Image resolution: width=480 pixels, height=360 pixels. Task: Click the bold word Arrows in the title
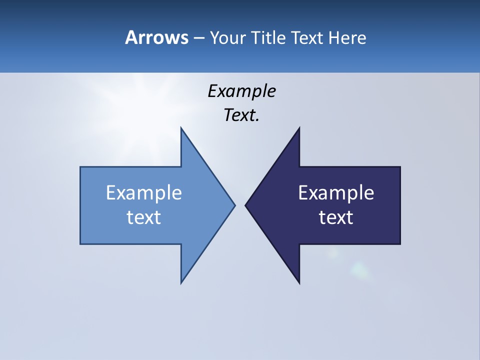pyautogui.click(x=156, y=37)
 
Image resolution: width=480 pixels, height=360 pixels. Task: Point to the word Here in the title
pyautogui.click(x=347, y=38)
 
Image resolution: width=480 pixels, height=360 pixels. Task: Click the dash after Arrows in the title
pyautogui.click(x=198, y=38)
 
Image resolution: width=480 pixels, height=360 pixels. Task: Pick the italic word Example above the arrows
pyautogui.click(x=241, y=91)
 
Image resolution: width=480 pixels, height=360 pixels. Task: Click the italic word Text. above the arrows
pyautogui.click(x=241, y=115)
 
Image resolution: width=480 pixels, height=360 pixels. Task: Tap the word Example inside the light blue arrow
pyautogui.click(x=144, y=193)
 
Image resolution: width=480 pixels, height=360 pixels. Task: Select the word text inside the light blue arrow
pyautogui.click(x=144, y=217)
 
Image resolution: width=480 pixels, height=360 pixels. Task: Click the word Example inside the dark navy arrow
pyautogui.click(x=336, y=193)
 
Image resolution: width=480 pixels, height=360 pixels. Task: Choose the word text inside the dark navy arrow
pyautogui.click(x=336, y=217)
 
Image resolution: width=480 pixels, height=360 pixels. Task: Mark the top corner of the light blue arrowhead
pyautogui.click(x=181, y=128)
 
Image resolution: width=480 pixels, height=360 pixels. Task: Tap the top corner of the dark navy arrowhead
pyautogui.click(x=299, y=128)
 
